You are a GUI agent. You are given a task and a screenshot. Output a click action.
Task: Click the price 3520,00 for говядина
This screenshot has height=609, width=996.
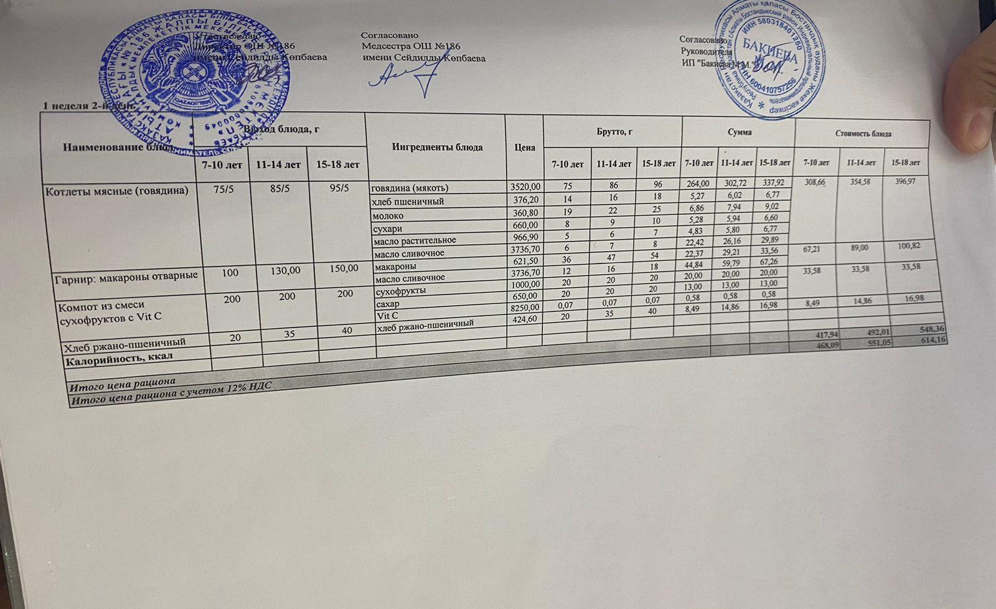tap(525, 187)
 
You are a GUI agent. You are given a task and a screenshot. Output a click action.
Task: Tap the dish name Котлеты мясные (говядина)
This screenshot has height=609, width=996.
tap(116, 191)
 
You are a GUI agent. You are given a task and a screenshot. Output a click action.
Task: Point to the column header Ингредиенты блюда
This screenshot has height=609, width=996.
tap(437, 148)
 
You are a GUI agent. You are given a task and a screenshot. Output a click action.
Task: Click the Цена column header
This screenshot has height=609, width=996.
tap(525, 148)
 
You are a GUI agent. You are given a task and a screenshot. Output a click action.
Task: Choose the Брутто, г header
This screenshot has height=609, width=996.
tap(613, 131)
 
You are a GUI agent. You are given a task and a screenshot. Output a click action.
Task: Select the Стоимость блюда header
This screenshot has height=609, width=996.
tap(863, 134)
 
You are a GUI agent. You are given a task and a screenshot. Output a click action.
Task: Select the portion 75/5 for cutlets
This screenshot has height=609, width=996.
tap(223, 189)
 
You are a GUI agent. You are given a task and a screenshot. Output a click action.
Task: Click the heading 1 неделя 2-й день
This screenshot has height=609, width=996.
tap(87, 106)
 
